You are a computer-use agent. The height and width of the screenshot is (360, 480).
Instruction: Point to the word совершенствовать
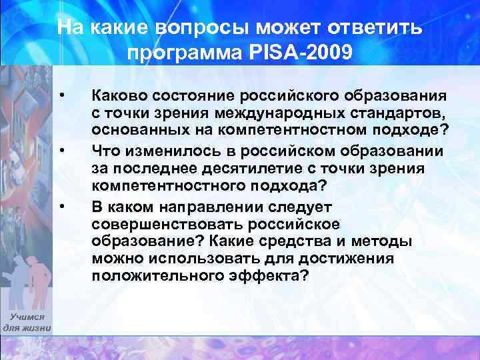(159, 223)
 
